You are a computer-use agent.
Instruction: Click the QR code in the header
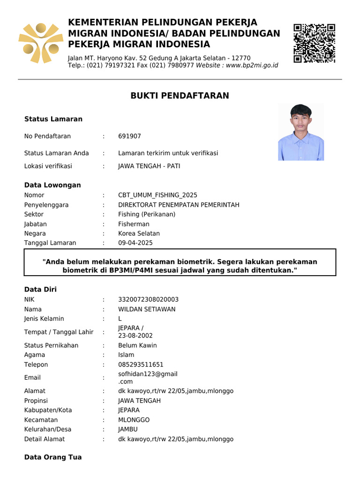pyautogui.click(x=314, y=43)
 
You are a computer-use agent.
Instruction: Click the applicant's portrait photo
pyautogui.click(x=301, y=132)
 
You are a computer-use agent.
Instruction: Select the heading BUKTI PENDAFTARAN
pyautogui.click(x=180, y=96)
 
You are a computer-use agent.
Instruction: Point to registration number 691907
pyautogui.click(x=129, y=136)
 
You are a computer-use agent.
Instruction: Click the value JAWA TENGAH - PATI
pyautogui.click(x=149, y=166)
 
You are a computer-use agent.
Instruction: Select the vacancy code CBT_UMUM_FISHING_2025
pyautogui.click(x=157, y=195)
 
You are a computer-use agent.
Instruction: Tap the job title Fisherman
pyautogui.click(x=134, y=224)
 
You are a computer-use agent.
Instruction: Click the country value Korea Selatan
pyautogui.click(x=139, y=233)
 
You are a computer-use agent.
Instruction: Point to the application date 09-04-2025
pyautogui.click(x=135, y=243)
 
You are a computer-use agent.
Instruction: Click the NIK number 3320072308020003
pyautogui.click(x=148, y=300)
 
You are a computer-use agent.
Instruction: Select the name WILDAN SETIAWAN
pyautogui.click(x=147, y=309)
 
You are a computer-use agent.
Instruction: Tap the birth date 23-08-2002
pyautogui.click(x=135, y=336)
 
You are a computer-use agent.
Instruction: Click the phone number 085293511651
pyautogui.click(x=141, y=365)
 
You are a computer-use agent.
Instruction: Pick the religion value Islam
pyautogui.click(x=126, y=355)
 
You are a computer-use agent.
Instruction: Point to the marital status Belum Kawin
pyautogui.click(x=137, y=345)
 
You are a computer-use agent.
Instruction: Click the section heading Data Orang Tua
pyautogui.click(x=53, y=457)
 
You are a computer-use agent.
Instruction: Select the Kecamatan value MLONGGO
pyautogui.click(x=134, y=420)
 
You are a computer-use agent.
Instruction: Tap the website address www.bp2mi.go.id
pyautogui.click(x=252, y=65)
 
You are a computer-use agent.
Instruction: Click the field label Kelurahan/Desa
pyautogui.click(x=45, y=429)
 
